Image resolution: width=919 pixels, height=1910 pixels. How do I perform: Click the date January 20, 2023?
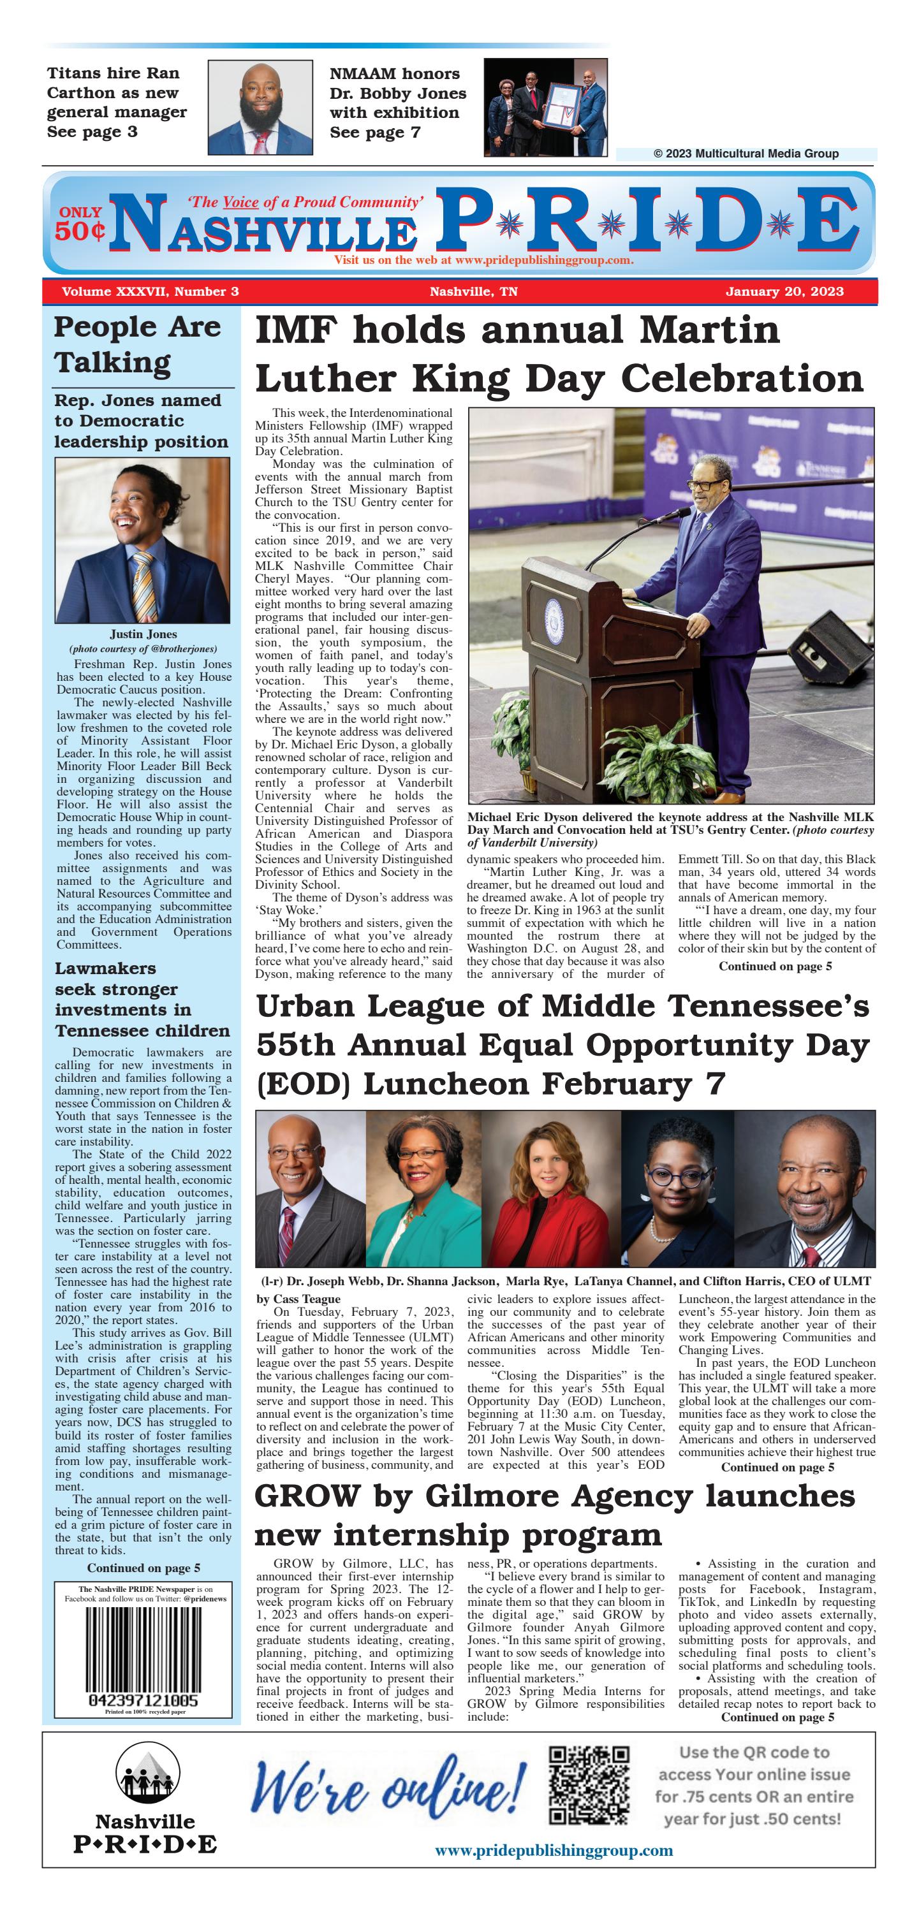pyautogui.click(x=784, y=291)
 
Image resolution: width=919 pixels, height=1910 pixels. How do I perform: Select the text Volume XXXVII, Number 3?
pyautogui.click(x=150, y=291)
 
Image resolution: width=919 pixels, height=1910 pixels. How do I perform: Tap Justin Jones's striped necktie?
pyautogui.click(x=142, y=585)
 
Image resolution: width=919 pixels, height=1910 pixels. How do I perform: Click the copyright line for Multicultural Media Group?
pyautogui.click(x=746, y=154)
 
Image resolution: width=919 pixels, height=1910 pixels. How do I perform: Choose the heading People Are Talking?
pyautogui.click(x=137, y=345)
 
